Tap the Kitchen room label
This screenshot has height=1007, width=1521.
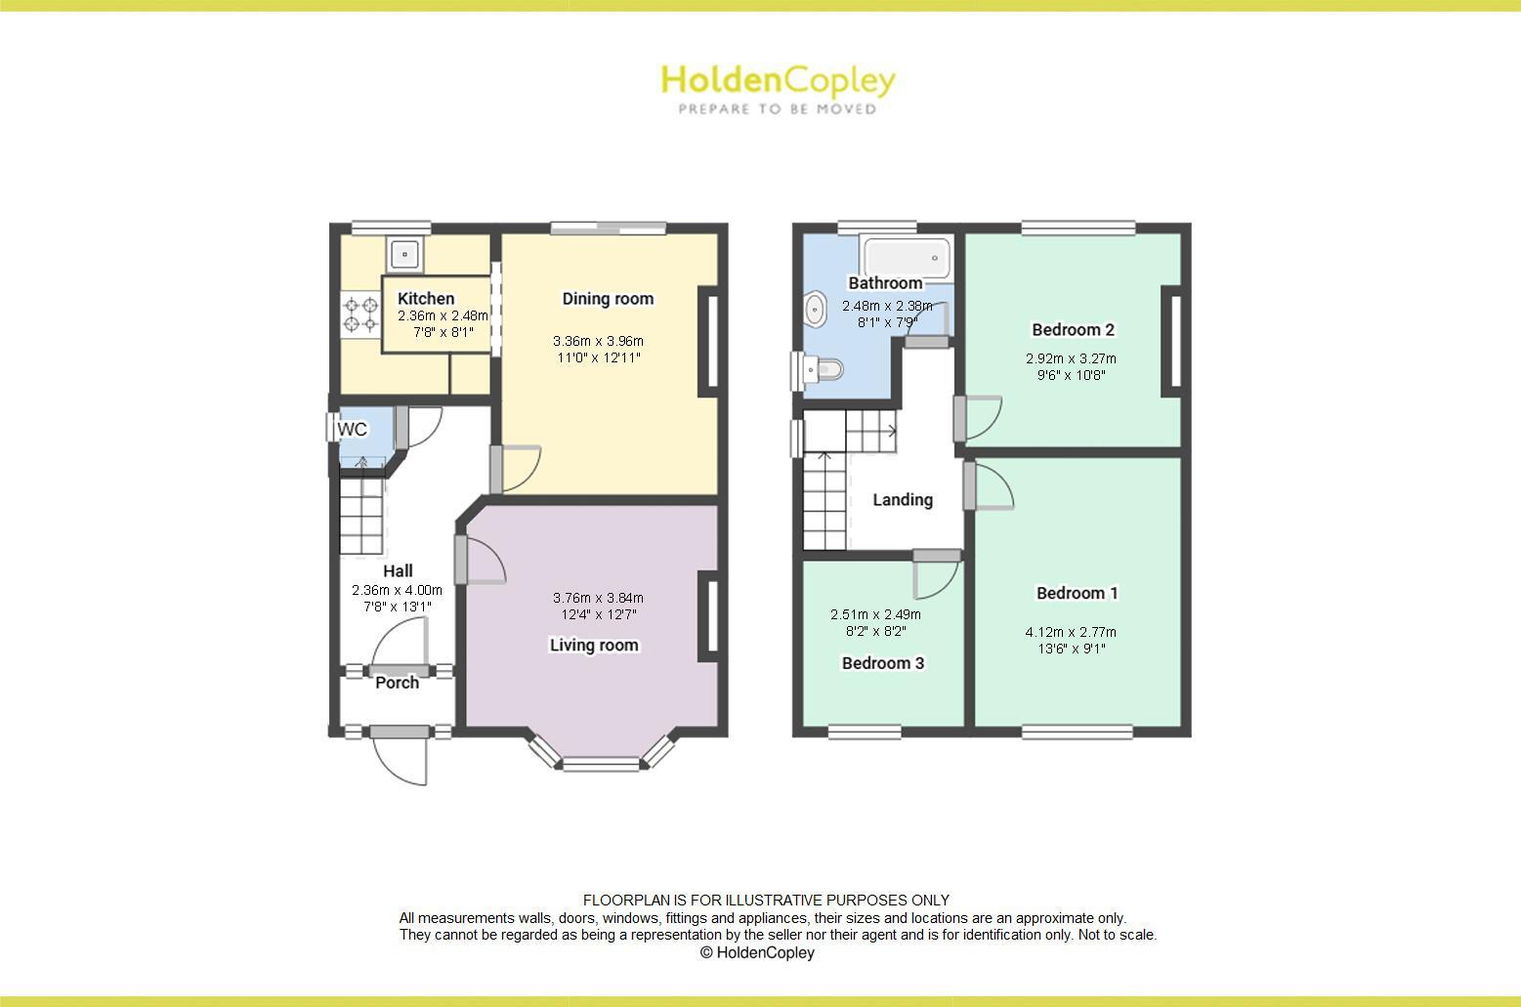click(x=426, y=299)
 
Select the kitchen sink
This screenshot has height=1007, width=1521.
click(x=404, y=255)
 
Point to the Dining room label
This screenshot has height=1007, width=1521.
click(x=608, y=299)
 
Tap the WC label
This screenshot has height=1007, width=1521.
click(x=352, y=430)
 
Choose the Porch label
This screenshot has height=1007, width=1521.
click(x=398, y=683)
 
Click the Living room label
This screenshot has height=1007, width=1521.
click(x=594, y=645)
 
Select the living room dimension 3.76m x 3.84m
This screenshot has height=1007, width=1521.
click(x=598, y=598)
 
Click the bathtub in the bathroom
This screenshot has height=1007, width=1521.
click(x=908, y=258)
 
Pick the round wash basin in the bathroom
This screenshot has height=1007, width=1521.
click(x=814, y=310)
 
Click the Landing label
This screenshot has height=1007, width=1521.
click(x=903, y=500)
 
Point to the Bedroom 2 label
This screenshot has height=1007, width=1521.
click(x=1074, y=330)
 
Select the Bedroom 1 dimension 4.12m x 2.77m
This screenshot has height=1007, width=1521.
click(x=1071, y=632)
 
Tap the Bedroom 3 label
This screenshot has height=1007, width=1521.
click(x=883, y=663)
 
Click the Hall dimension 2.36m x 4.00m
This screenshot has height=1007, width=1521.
click(x=397, y=590)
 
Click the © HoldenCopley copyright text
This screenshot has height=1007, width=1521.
click(x=757, y=952)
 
